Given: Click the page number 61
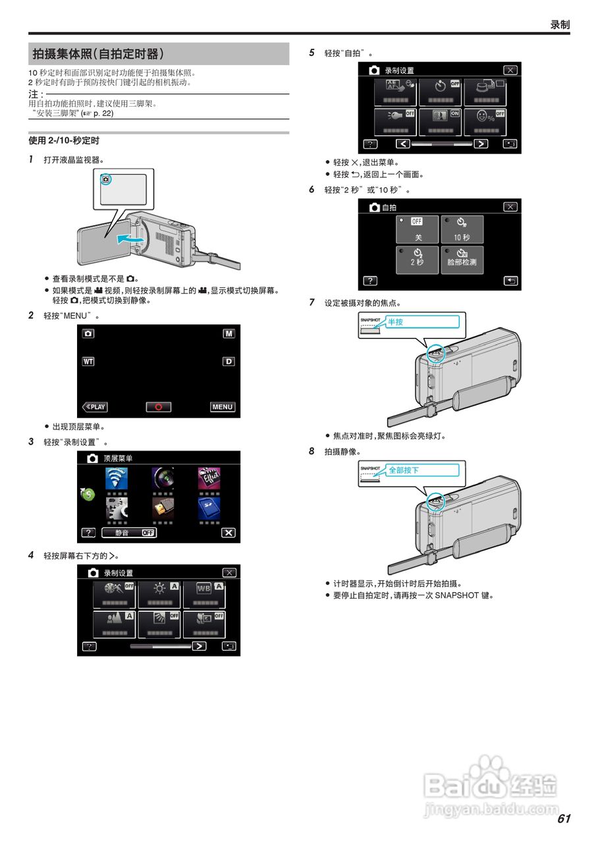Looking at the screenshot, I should coord(563,819).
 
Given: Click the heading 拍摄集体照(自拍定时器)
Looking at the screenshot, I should coord(99,54).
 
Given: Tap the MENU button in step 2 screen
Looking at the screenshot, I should coord(223,407).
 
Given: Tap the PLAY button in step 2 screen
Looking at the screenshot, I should coord(95,407).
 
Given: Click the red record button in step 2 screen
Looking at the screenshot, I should coord(159,407).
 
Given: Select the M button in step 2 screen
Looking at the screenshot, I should coord(229,334).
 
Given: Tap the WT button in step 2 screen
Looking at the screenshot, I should coord(88,362).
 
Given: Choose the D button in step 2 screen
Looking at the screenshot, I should coord(229,362).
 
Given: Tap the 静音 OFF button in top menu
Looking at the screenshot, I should coord(129,533).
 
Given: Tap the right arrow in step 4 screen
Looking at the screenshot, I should coord(198,646).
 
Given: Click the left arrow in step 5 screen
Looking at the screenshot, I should coord(403,144).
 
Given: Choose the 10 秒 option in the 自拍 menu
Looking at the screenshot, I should coord(462,230).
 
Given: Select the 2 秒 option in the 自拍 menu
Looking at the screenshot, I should coord(418,260).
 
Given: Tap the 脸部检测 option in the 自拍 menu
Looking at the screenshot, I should coord(462,260).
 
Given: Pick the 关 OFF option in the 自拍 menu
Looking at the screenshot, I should coord(418,230).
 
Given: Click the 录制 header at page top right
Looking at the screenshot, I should coord(560,24).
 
